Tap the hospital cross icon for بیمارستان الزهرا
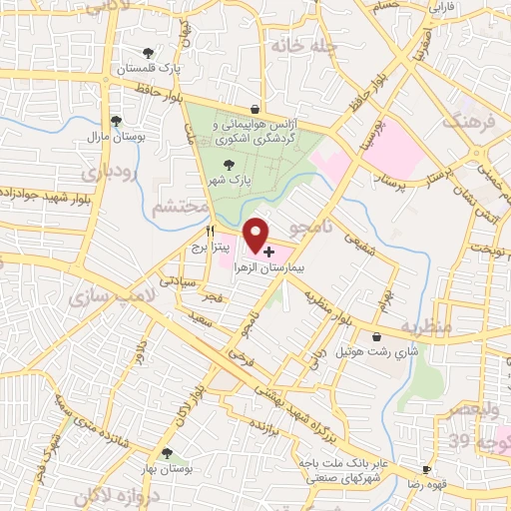click(269, 253)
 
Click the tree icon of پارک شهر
click(229, 166)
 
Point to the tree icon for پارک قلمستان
click(149, 53)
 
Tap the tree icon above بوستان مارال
click(117, 121)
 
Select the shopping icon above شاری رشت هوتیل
click(376, 337)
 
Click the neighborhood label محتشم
click(181, 207)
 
